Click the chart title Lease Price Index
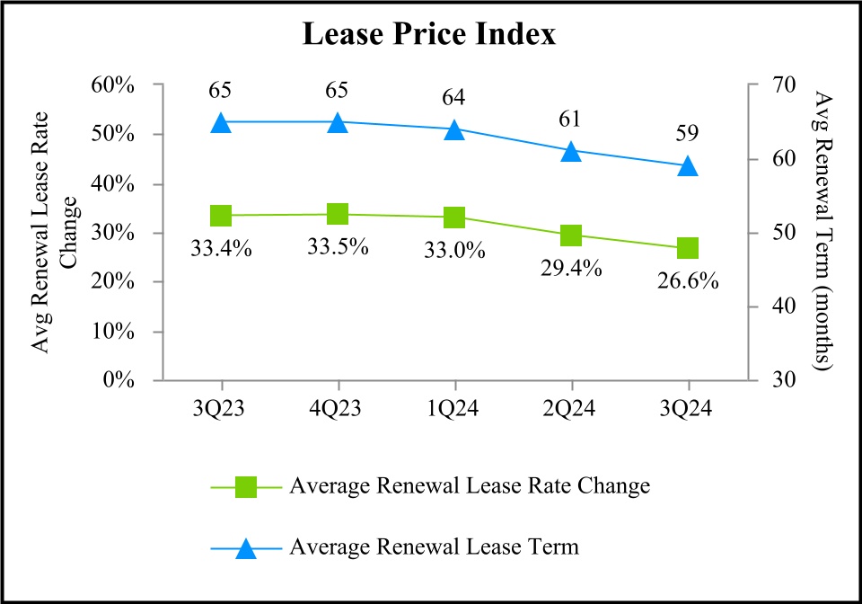point(429,35)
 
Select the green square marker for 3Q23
point(221,216)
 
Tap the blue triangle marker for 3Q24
point(688,165)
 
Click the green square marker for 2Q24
point(571,235)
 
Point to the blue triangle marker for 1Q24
point(454,129)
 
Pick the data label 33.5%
point(337,246)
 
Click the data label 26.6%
point(687,281)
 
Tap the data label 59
point(688,134)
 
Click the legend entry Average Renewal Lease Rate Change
point(469,487)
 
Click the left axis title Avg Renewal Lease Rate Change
point(53,233)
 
